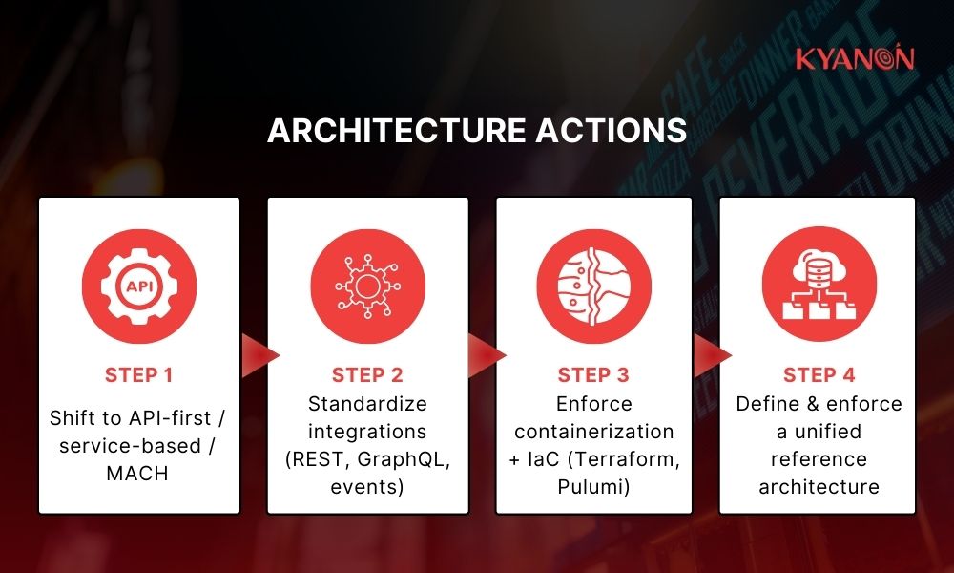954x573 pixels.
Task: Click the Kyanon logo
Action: click(855, 58)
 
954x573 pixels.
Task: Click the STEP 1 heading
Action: click(138, 374)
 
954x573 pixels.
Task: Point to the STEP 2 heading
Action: click(367, 374)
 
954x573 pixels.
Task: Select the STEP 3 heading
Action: click(593, 374)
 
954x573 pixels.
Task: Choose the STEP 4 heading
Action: click(819, 374)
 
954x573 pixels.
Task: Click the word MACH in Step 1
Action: click(138, 473)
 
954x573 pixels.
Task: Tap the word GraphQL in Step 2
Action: click(409, 459)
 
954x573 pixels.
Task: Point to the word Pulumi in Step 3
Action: click(593, 487)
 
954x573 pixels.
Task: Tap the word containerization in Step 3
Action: click(593, 432)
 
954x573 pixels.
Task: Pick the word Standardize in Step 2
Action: click(367, 404)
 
